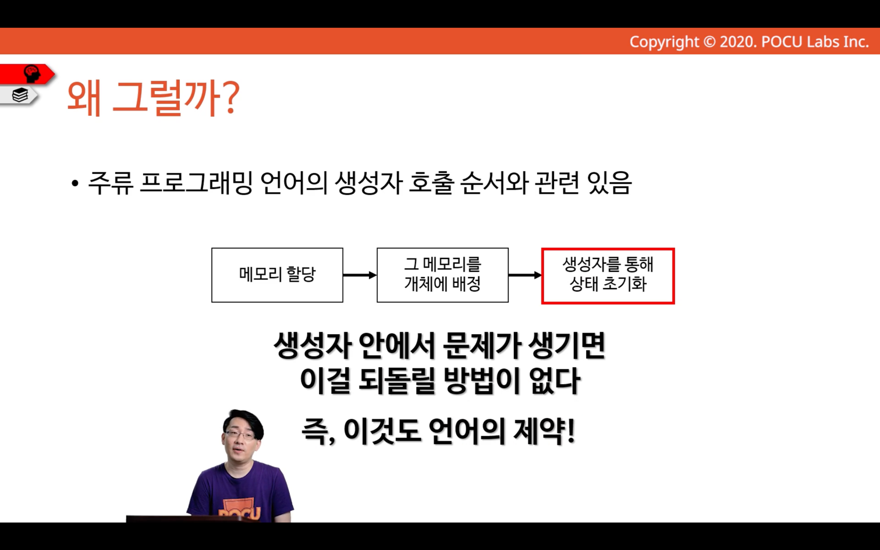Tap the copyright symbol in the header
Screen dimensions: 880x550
[709, 42]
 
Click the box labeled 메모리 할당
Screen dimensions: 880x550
[278, 275]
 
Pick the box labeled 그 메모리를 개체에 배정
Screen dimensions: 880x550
[443, 275]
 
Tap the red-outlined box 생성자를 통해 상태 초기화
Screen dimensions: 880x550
[608, 276]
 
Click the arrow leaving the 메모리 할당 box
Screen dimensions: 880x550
[360, 275]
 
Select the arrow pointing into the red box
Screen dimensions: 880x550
[525, 275]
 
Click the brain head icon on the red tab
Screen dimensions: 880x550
[31, 73]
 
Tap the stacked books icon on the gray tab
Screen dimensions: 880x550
[20, 95]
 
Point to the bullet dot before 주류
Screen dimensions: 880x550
[75, 183]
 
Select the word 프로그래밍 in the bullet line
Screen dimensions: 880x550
[196, 183]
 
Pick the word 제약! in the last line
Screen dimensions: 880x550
[544, 431]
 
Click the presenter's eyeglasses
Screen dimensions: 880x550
[240, 435]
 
